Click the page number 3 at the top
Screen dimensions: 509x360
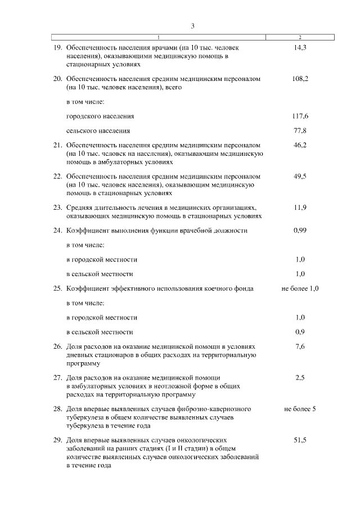click(x=192, y=26)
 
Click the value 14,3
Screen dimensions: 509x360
click(x=300, y=48)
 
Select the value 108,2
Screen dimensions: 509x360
click(x=300, y=79)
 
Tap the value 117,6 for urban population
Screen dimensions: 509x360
click(x=300, y=116)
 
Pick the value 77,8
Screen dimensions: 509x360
click(x=300, y=130)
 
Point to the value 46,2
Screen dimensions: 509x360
click(x=300, y=145)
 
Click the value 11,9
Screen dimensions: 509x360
click(x=300, y=207)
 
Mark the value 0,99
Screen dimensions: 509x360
click(x=300, y=231)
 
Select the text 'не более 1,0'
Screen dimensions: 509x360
click(x=300, y=289)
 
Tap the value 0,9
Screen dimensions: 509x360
click(x=300, y=332)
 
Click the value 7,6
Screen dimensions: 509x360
click(x=300, y=346)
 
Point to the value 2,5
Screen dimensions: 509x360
click(x=300, y=378)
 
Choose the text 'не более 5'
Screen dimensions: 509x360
click(x=300, y=409)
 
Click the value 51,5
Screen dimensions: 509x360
click(x=300, y=440)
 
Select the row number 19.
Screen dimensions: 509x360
click(x=57, y=48)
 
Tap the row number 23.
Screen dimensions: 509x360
click(x=57, y=207)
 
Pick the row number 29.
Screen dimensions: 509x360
click(x=57, y=440)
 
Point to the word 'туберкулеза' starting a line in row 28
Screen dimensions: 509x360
click(x=83, y=418)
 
